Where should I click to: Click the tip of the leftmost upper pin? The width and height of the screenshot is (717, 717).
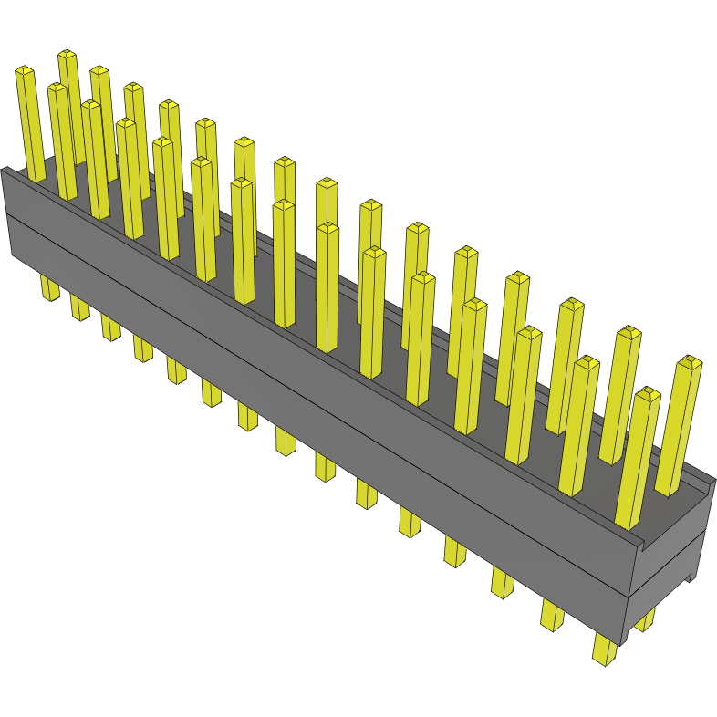point(25,69)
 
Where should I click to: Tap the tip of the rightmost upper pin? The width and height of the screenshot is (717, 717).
point(690,362)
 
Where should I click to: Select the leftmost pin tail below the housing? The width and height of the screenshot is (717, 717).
point(49,290)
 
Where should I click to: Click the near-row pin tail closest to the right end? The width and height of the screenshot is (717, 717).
point(604,650)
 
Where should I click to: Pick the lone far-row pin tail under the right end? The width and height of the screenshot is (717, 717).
point(646,620)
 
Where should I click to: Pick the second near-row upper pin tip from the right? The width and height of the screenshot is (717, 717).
point(587,363)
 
